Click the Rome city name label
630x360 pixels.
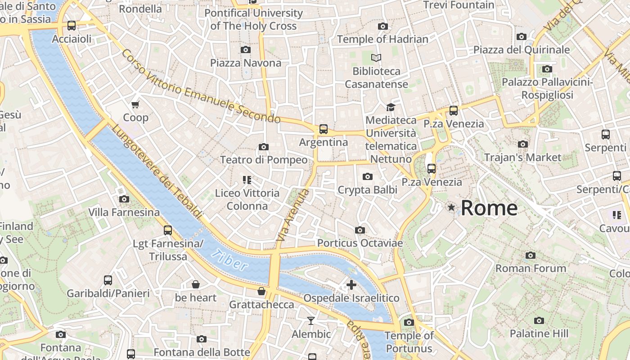pos(489,208)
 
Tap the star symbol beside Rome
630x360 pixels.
pos(451,207)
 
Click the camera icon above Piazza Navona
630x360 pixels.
pos(245,49)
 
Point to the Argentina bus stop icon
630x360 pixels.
pos(323,129)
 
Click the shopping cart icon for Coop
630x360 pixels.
pos(135,105)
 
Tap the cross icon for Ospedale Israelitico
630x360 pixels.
pos(351,284)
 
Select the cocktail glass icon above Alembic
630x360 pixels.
pos(310,321)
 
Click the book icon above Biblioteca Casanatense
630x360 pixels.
pos(376,58)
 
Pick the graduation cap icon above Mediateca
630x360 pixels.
pos(390,107)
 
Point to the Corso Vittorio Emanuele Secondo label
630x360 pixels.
pos(201,87)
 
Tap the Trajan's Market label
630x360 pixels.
pos(522,157)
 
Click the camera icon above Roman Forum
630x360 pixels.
pos(531,255)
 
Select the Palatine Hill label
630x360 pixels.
pos(539,333)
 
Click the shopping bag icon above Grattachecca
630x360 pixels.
pos(261,291)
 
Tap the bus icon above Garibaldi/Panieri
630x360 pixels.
pos(108,280)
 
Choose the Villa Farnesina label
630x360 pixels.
pos(124,212)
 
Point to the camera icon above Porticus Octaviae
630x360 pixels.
pos(360,230)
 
